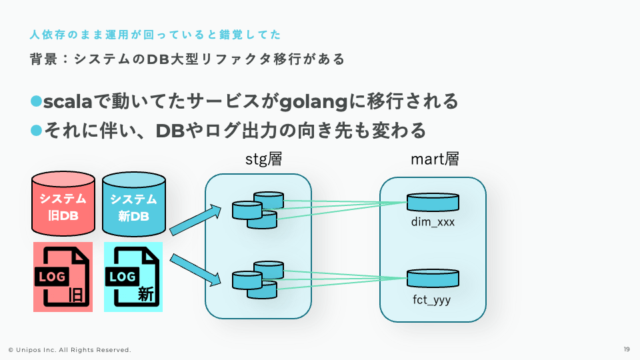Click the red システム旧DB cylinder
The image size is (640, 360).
pos(63,203)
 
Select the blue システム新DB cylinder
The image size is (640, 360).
pos(134,204)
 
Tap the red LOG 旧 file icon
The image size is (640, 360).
pos(63,277)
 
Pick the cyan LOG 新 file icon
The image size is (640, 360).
pos(133,277)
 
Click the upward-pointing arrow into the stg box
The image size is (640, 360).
pos(195,221)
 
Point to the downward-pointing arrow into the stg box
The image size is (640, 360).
pos(195,269)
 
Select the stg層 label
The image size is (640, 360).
pos(264,159)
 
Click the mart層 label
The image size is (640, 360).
pos(435,159)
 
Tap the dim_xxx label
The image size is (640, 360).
pos(433,222)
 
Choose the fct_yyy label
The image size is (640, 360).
pos(432,299)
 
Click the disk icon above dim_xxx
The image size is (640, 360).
pos(433,203)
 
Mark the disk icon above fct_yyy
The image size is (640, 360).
pos(433,279)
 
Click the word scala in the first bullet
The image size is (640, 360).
pos(68,101)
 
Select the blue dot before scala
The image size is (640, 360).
pos(36,101)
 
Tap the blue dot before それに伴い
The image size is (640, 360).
pos(36,131)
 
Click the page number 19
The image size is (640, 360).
pos(627,349)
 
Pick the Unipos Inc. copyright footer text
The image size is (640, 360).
pos(70,350)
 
